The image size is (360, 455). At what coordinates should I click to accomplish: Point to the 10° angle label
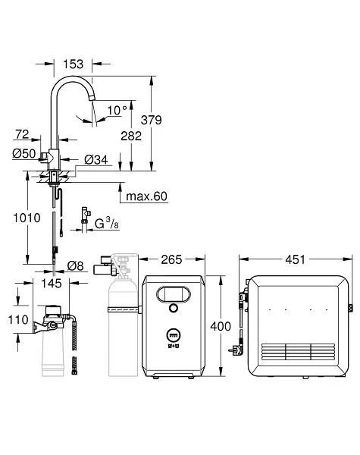116,111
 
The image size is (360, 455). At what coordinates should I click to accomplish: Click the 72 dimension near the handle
22,134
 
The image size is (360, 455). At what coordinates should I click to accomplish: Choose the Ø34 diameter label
97,159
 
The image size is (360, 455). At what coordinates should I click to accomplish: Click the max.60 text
147,196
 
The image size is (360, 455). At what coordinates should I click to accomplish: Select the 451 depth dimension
295,260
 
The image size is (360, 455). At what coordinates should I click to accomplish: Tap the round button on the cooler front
174,309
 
